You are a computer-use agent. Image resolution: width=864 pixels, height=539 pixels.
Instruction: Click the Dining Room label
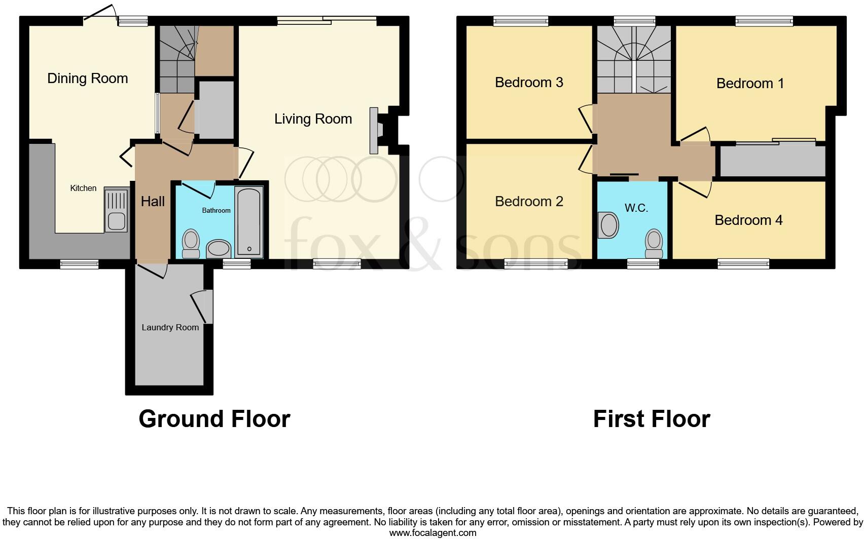click(x=87, y=79)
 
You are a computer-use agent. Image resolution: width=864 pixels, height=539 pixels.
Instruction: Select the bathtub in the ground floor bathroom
click(x=249, y=221)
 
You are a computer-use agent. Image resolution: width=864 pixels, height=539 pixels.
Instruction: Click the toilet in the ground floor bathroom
click(x=191, y=244)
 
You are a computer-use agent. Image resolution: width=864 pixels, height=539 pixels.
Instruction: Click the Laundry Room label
click(x=170, y=328)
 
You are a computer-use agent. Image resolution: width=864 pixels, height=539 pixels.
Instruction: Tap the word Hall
click(x=153, y=202)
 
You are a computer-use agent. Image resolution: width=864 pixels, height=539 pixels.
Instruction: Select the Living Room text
click(x=313, y=119)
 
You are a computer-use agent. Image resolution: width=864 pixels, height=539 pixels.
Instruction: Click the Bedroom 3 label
click(x=529, y=83)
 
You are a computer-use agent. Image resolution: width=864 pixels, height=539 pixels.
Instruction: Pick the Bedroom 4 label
click(x=748, y=220)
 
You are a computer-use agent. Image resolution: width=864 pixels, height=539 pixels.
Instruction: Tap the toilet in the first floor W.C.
click(x=654, y=244)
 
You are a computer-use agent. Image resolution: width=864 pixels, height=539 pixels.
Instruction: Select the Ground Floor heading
click(x=214, y=419)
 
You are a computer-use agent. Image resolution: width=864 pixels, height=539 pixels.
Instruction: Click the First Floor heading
click(x=651, y=419)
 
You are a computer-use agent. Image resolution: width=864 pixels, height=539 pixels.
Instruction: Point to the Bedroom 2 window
click(x=536, y=263)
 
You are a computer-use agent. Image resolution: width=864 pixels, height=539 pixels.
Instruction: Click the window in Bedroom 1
click(x=764, y=21)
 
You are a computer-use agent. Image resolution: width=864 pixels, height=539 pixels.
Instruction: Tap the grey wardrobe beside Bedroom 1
click(x=772, y=161)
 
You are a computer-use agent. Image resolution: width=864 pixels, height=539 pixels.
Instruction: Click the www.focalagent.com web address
click(x=433, y=533)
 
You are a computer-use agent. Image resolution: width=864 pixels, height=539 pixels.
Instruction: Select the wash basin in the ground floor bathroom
click(x=219, y=249)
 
